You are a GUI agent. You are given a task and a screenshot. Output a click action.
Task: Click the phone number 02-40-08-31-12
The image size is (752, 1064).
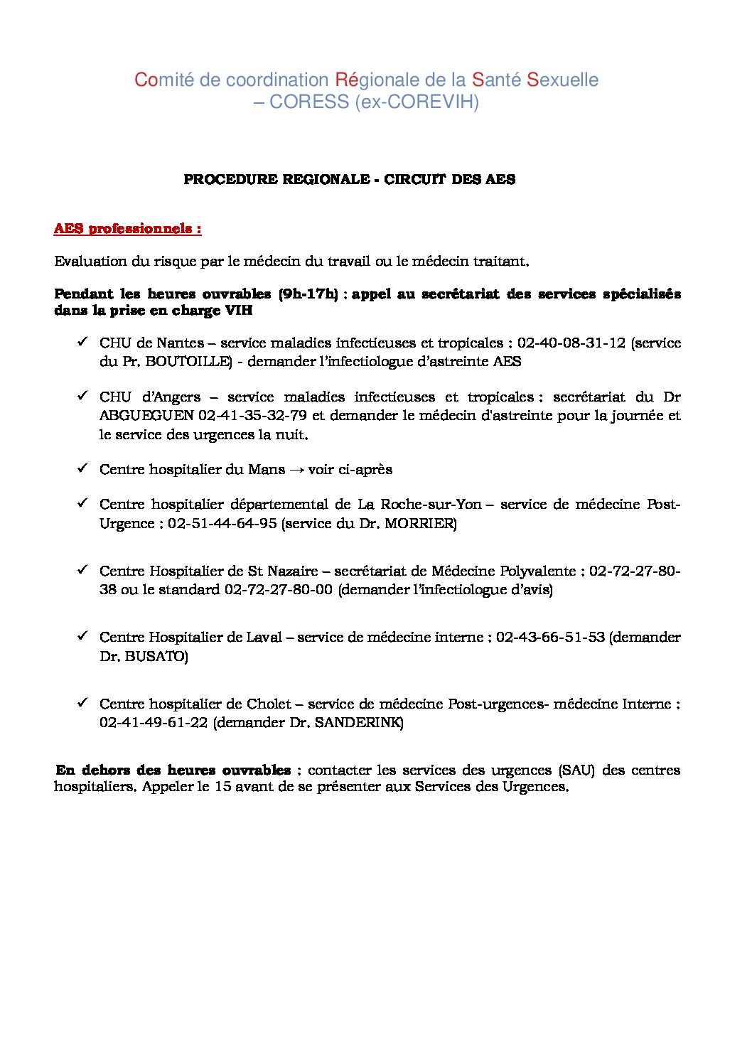571,343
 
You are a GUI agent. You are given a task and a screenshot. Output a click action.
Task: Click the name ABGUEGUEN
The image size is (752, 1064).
146,415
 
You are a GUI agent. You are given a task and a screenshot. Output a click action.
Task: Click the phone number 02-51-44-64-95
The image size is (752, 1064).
222,523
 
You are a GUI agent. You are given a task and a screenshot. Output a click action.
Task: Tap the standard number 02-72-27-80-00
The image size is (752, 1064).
279,589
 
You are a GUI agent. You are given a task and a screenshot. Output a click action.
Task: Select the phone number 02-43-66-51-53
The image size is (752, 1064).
550,637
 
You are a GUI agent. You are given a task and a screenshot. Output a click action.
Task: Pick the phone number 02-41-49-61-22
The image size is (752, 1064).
154,722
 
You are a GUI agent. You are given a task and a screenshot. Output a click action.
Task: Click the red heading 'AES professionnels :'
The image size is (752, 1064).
128,229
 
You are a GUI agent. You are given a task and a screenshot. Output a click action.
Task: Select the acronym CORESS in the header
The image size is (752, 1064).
308,102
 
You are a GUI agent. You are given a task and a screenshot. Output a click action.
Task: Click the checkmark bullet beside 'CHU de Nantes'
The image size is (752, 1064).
82,343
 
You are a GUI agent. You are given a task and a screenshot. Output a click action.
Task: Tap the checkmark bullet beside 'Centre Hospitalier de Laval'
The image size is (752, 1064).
82,636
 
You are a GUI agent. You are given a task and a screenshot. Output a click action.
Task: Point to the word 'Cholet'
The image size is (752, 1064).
269,704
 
